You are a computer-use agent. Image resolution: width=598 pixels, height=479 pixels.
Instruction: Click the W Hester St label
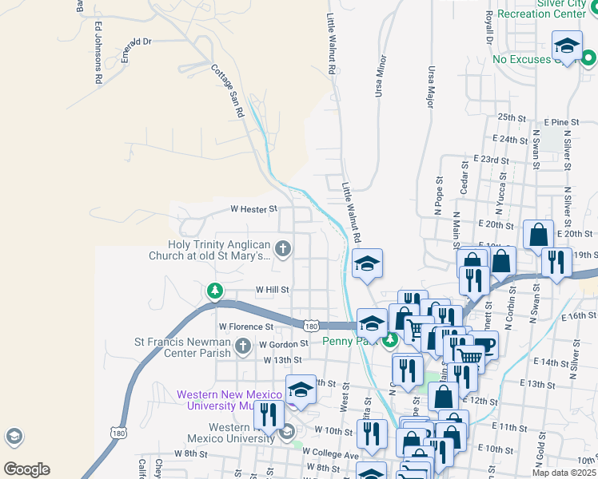coord(253,209)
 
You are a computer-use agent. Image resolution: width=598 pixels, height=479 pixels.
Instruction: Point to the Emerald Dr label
coord(133,42)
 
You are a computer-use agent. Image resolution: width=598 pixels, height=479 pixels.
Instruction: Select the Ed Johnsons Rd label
coord(98,53)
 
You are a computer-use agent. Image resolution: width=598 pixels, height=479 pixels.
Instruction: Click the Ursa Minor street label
coord(380,76)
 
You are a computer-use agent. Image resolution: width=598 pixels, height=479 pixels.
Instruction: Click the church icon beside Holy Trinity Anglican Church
coord(283,249)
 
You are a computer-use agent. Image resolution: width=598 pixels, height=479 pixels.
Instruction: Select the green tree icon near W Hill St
coord(214,291)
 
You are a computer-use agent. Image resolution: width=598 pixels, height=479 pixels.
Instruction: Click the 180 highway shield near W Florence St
coord(312,325)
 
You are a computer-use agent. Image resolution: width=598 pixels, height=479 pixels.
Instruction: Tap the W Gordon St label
coord(283,344)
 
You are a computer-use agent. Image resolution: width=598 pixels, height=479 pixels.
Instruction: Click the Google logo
coord(26,469)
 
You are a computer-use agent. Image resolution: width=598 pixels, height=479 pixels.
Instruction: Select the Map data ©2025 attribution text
coord(564,473)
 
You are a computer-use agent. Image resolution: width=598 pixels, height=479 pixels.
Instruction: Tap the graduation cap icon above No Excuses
coord(567,46)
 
